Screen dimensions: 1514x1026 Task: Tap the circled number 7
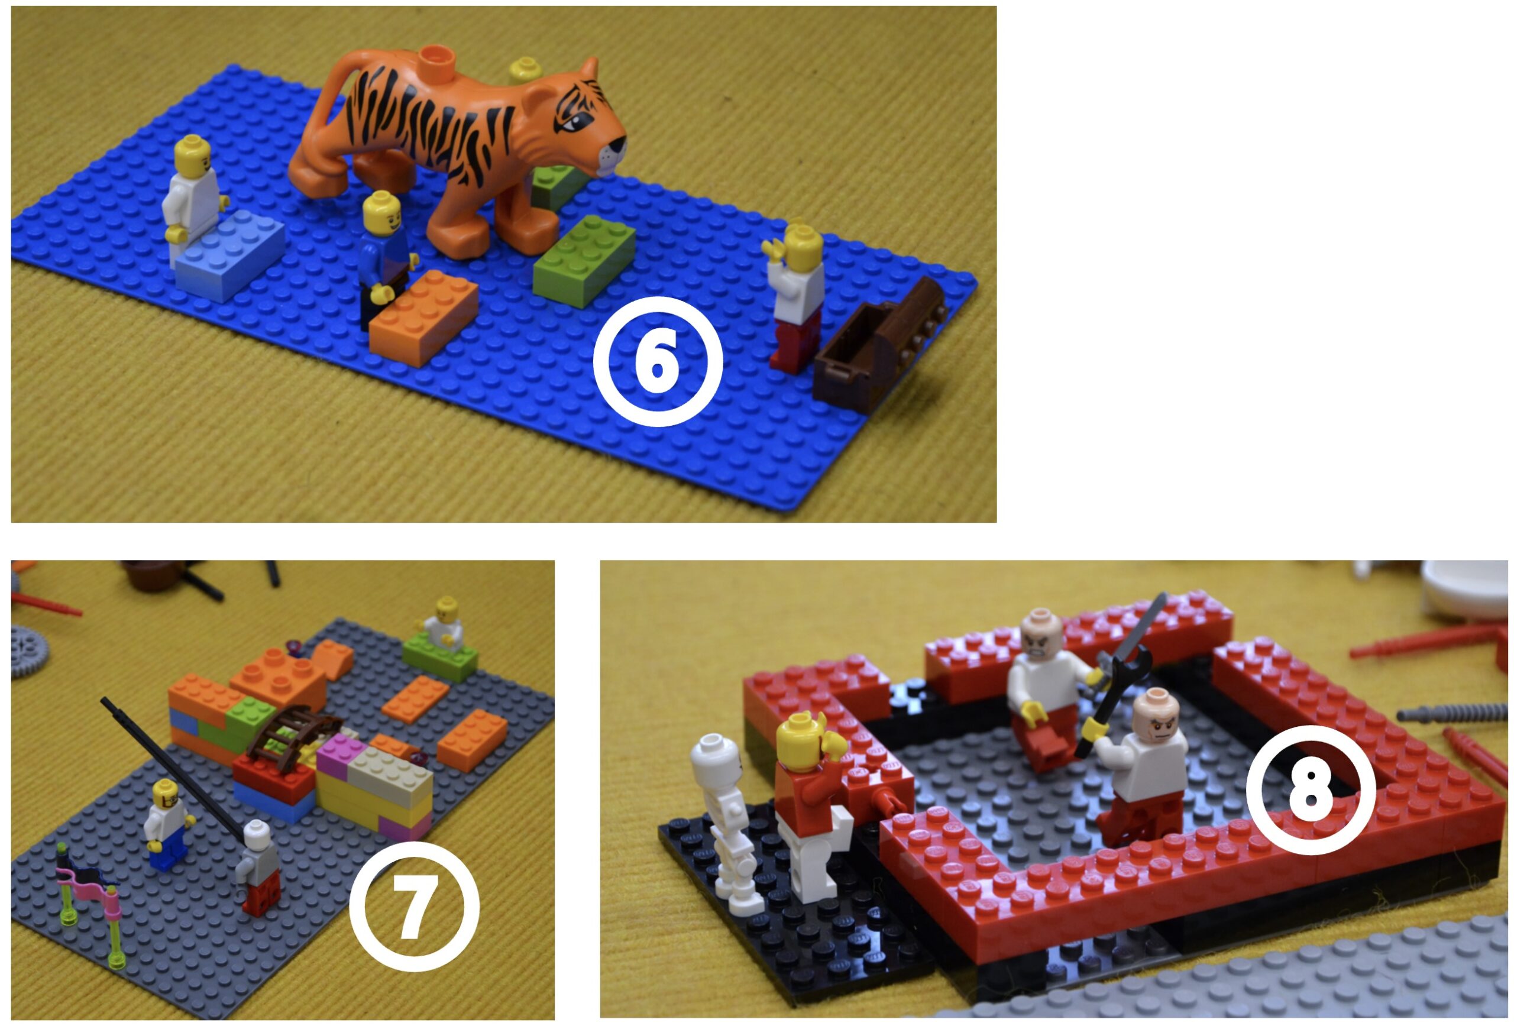click(415, 906)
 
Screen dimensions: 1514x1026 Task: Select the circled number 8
click(1311, 789)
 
